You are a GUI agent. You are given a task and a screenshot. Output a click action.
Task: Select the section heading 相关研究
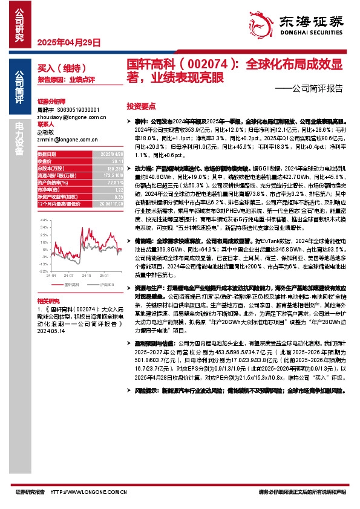tap(47, 300)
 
